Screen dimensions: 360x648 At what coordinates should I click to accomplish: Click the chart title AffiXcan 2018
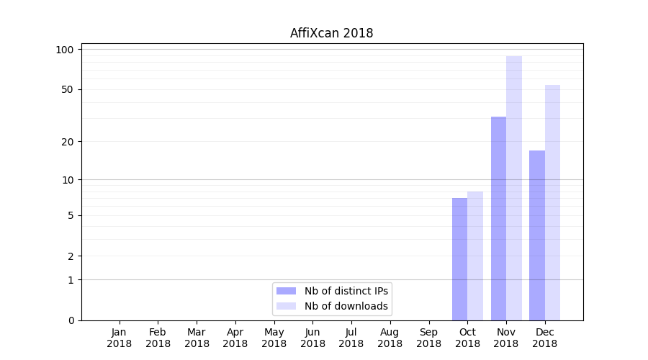click(x=331, y=33)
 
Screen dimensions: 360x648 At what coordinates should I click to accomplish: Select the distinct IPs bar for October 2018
click(x=459, y=259)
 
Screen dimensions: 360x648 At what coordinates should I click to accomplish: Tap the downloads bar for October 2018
click(x=475, y=256)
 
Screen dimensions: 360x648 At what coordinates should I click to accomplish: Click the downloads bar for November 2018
click(x=514, y=188)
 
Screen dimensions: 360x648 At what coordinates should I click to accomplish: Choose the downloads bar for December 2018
click(x=552, y=202)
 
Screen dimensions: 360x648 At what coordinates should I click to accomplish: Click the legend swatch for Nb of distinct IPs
click(x=286, y=291)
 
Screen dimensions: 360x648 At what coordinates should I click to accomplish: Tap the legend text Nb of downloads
click(x=346, y=306)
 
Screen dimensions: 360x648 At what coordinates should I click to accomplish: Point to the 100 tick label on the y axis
click(x=65, y=50)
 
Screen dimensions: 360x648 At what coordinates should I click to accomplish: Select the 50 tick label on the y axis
click(x=67, y=89)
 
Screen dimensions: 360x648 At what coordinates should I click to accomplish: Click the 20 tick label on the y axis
click(x=67, y=141)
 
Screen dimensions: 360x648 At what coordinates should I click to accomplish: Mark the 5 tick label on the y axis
click(x=71, y=215)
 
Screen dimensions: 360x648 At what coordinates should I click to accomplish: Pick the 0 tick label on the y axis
click(x=71, y=320)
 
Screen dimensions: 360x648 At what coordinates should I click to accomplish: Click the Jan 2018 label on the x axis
click(x=120, y=338)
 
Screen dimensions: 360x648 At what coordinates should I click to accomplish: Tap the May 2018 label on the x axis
click(x=274, y=338)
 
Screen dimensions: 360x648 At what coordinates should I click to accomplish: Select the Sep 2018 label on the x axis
click(x=428, y=338)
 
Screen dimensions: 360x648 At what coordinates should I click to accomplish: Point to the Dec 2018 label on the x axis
click(x=545, y=338)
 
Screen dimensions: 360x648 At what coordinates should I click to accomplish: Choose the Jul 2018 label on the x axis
click(x=351, y=338)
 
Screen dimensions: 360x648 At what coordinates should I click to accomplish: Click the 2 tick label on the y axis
click(x=71, y=256)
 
